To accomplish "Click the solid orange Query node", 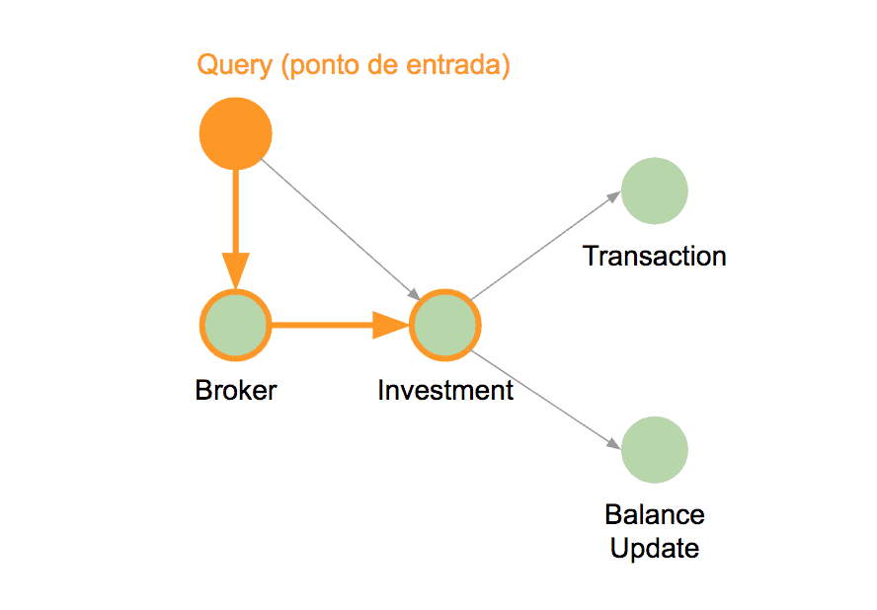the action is pos(235,133).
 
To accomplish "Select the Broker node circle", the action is pos(235,325).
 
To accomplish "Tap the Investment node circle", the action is pos(445,325).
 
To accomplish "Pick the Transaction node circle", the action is pos(655,191).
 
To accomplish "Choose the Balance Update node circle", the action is pos(655,449).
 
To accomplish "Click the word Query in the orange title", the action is pos(235,66).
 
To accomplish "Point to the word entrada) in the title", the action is pos(458,65).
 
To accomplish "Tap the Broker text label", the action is pos(235,390).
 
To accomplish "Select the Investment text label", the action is pos(445,390).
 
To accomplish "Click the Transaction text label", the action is pos(655,256).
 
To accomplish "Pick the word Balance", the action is pos(655,514).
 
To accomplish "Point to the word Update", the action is pos(655,548).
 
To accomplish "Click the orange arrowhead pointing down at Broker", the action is pos(235,271).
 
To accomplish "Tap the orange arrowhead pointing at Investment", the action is pos(391,325).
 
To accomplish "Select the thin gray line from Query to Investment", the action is pos(340,229).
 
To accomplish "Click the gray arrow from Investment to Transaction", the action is pos(546,246).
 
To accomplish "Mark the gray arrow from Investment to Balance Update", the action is pos(546,400).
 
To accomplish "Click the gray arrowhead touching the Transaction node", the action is pos(614,196).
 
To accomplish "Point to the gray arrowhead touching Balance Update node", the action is pos(614,444).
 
